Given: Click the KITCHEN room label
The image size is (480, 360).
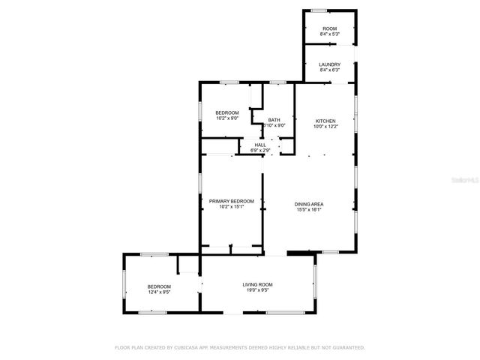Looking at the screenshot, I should pyautogui.click(x=325, y=121).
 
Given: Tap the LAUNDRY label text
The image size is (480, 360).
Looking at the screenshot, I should pyautogui.click(x=330, y=64).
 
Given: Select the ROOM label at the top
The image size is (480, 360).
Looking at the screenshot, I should pyautogui.click(x=330, y=28).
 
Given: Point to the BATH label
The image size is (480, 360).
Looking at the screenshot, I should pyautogui.click(x=274, y=120).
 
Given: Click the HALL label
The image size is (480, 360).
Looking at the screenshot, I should pyautogui.click(x=260, y=145).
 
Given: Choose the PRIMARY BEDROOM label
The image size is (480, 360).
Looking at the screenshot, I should pyautogui.click(x=232, y=201).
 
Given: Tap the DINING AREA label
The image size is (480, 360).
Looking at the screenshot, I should pyautogui.click(x=309, y=204).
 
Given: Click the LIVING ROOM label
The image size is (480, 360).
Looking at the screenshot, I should pyautogui.click(x=257, y=284).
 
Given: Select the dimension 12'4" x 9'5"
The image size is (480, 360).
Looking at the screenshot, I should pyautogui.click(x=159, y=292).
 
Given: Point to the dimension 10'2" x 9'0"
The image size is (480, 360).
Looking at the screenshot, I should pyautogui.click(x=227, y=118).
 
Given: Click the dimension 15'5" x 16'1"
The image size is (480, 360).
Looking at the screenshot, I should pyautogui.click(x=309, y=210).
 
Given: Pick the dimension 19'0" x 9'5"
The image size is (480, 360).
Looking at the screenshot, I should pyautogui.click(x=257, y=290).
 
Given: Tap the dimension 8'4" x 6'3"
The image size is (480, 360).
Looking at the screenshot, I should pyautogui.click(x=330, y=70).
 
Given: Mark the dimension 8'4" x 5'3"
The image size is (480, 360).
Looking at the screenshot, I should pyautogui.click(x=330, y=34).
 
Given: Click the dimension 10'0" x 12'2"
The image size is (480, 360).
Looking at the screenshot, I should pyautogui.click(x=325, y=126).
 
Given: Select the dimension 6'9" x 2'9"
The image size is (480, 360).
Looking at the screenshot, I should pyautogui.click(x=260, y=151).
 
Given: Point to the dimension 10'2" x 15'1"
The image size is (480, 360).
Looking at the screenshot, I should pyautogui.click(x=232, y=207).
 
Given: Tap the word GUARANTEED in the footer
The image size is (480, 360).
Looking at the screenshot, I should pyautogui.click(x=347, y=348).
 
